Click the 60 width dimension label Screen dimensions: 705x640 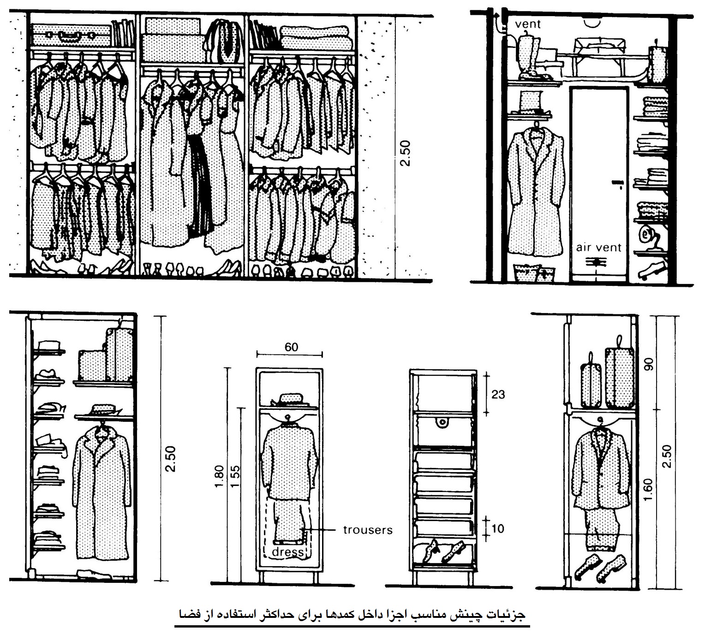[291, 347]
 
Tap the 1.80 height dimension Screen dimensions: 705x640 [219, 477]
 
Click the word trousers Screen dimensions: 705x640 [368, 530]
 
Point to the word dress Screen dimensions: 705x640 [288, 552]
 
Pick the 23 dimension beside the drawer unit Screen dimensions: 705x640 [498, 395]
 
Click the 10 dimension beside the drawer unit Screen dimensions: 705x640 [498, 528]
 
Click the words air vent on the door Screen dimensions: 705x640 [598, 248]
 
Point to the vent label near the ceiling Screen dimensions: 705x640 [527, 24]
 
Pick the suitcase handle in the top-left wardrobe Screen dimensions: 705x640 [66, 36]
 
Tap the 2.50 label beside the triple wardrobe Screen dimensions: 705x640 [405, 153]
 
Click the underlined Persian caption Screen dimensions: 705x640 [352, 614]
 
